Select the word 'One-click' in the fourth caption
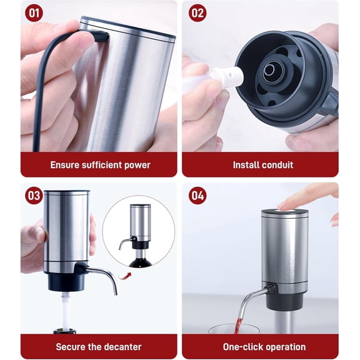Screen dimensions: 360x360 pos(242,346)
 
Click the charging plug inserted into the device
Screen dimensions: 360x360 pos(100,36)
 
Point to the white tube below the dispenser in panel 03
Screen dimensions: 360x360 pos(64,309)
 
